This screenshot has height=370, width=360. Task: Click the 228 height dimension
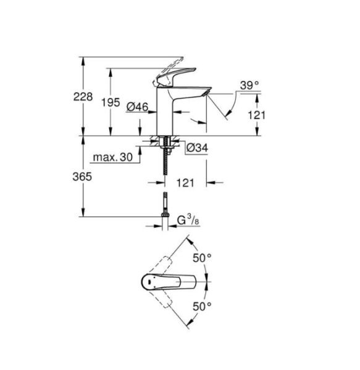83,97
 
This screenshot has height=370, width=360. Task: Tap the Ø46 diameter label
136,107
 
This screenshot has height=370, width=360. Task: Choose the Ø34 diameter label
197,147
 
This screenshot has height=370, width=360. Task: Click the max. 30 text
114,158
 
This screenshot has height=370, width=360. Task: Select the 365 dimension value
83,176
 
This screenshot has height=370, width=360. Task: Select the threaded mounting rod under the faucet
165,166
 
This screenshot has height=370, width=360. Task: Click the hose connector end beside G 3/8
165,216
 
